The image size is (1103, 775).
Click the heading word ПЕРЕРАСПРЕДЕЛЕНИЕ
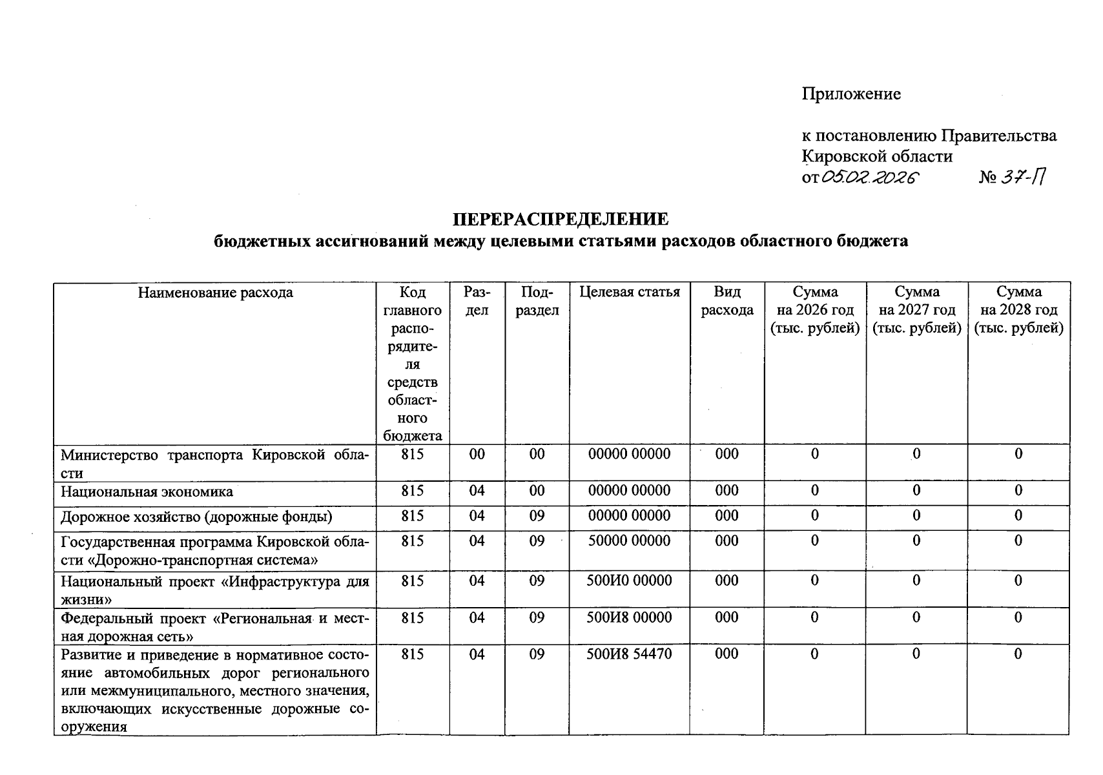[560, 220]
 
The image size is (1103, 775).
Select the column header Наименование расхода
[215, 293]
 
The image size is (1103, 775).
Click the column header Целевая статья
[629, 293]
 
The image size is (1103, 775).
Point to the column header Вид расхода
[727, 301]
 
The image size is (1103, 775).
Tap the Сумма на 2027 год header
[916, 310]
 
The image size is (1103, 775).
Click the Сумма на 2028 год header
[1018, 310]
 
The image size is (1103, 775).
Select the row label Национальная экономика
[147, 492]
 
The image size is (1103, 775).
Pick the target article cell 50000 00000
[629, 541]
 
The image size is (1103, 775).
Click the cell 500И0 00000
[629, 581]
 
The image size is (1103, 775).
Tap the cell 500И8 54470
[629, 654]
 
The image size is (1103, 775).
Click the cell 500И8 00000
[629, 618]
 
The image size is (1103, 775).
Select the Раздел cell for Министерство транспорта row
[477, 455]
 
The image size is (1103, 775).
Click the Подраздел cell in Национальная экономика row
[537, 491]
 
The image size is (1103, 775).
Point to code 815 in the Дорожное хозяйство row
[412, 516]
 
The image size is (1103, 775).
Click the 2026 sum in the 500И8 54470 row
[814, 654]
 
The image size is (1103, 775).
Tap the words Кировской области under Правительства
[877, 156]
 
